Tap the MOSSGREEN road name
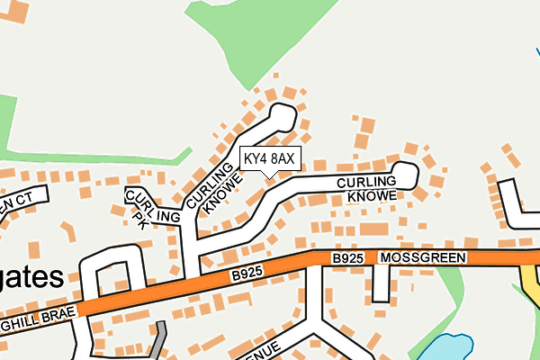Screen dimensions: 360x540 tap(423, 258)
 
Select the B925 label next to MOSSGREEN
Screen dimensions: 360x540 tap(347, 259)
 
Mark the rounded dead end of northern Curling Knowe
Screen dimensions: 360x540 tap(283, 115)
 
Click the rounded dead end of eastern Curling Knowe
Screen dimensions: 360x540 tap(407, 173)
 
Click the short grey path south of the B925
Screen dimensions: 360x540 tap(158, 339)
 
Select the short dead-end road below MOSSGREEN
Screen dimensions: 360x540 tap(381, 284)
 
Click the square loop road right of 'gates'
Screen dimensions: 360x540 tap(113, 270)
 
